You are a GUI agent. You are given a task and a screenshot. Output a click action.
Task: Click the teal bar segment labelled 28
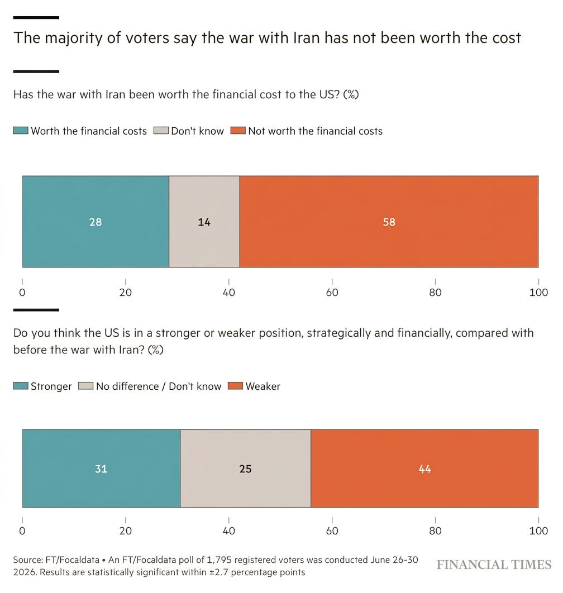coord(96,222)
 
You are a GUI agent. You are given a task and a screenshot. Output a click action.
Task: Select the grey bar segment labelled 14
coord(204,222)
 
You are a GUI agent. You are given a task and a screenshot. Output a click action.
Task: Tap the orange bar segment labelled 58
coord(389,222)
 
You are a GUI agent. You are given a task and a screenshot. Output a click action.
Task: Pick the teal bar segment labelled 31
coord(102,468)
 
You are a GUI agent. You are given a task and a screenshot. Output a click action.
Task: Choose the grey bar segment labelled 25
coord(246,468)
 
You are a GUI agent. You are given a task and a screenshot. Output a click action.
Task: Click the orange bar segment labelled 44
coord(424,468)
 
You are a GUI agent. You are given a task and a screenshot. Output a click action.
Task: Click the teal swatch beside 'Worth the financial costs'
coord(21,131)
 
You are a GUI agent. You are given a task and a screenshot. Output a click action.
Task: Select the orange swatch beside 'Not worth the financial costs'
coord(238,131)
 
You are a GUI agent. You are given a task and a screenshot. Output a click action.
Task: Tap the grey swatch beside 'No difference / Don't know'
coord(85,386)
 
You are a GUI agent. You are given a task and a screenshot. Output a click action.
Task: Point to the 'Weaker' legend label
coord(263,386)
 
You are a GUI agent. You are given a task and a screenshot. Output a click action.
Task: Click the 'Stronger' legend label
coord(51,386)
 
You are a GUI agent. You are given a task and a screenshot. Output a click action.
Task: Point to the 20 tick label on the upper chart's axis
coord(126,293)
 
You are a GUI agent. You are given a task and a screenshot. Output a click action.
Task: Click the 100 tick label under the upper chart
coord(538,293)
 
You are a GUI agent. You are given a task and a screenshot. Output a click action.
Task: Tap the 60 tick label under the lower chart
coord(332,530)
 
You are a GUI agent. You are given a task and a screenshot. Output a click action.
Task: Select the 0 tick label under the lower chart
coord(22,530)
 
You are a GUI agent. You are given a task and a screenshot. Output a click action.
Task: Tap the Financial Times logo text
coord(494,565)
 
